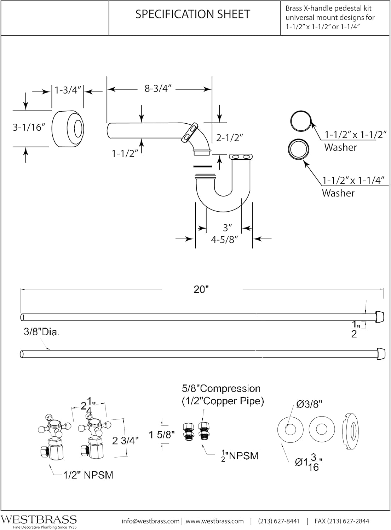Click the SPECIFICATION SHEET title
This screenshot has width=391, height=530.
[193, 14]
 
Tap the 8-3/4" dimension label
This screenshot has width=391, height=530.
[158, 89]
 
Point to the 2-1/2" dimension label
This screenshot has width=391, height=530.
[230, 137]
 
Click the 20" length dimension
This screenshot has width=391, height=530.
[201, 289]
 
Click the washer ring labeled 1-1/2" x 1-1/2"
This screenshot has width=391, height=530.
[301, 121]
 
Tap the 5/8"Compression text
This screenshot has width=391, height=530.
[222, 389]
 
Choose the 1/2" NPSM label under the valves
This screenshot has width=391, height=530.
[88, 475]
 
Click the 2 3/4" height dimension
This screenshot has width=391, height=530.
[125, 441]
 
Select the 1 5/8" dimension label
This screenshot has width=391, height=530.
[162, 435]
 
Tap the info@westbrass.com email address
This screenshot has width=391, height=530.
[150, 521]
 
